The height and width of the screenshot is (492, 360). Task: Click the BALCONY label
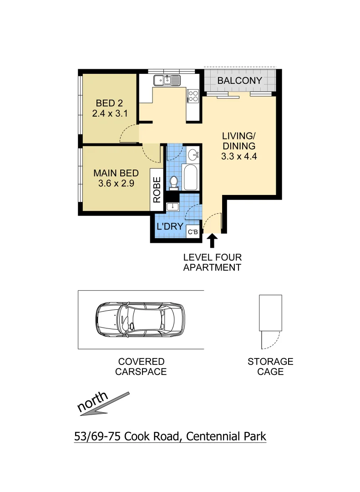click(x=240, y=81)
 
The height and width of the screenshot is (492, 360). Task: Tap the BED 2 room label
click(x=109, y=103)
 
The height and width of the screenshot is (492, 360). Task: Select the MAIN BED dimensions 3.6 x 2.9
click(x=116, y=184)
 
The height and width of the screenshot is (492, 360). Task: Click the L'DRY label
click(x=170, y=227)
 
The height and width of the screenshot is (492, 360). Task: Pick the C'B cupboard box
click(x=193, y=232)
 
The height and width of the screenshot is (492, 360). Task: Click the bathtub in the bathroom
click(x=190, y=177)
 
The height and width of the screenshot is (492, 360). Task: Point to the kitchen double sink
click(x=167, y=81)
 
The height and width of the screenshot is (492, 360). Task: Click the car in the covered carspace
click(x=140, y=319)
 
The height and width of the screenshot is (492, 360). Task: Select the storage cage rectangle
click(x=270, y=313)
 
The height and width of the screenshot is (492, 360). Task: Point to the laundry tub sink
click(x=172, y=207)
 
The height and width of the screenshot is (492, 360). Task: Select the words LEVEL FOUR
click(x=212, y=258)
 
